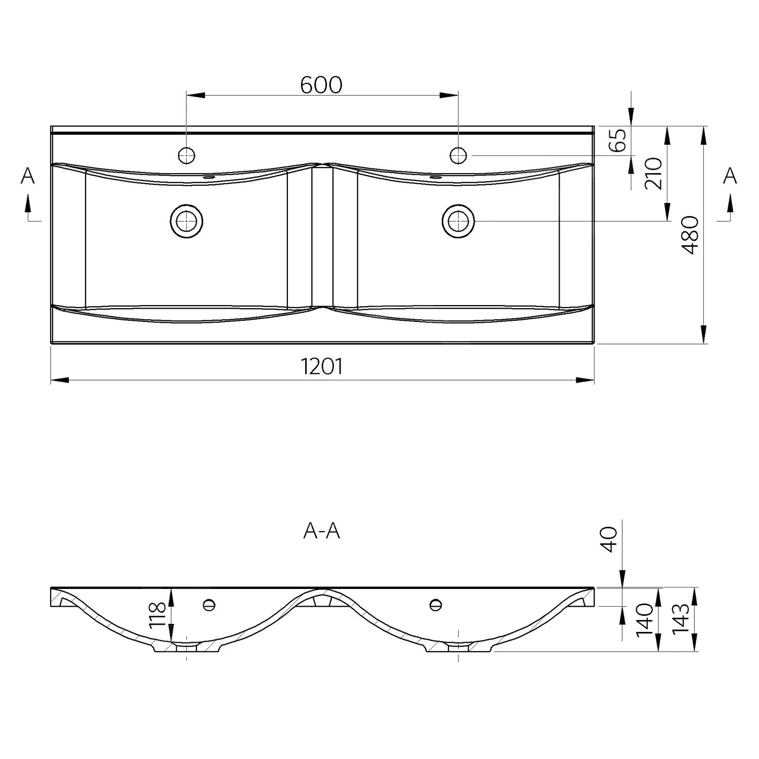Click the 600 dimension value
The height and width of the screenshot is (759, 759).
(321, 85)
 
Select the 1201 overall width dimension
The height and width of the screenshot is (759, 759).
(322, 366)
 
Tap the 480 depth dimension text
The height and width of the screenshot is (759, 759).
(690, 235)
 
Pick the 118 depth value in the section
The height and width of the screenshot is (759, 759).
(158, 615)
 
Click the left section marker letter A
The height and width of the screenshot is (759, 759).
(28, 176)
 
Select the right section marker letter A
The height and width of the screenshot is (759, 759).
(730, 176)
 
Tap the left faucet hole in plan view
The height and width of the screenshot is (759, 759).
(187, 155)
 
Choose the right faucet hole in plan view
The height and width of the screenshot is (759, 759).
(458, 155)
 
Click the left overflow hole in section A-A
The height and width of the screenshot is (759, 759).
(209, 604)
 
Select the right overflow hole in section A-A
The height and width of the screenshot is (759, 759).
(435, 604)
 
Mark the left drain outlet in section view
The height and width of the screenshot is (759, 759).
(187, 647)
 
